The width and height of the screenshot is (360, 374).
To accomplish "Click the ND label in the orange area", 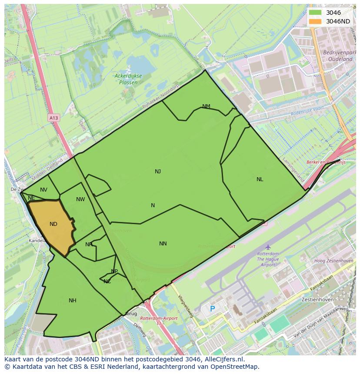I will coord(53,224).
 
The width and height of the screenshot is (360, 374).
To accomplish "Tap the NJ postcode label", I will coord(158,172).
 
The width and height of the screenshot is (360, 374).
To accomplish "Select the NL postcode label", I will coord(260,179).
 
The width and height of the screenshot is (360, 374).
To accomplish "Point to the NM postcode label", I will coord(206,106).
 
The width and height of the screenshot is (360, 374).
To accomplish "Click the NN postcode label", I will coord(163,244).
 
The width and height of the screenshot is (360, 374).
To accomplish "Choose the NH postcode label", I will coord(73,301).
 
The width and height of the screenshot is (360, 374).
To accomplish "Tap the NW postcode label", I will coord(80,199).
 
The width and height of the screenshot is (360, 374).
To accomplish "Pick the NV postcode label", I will coord(43,190).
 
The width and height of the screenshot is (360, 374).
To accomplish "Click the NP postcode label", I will coord(114,271).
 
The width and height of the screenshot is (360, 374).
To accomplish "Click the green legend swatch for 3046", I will coord(315,13).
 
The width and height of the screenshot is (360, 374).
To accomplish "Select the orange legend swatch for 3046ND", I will coord(315,21).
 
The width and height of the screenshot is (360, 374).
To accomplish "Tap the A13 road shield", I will coord(53,118).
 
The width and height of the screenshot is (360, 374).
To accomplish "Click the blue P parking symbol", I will coord(213,309).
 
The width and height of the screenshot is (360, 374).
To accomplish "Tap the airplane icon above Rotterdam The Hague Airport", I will coord(268,247).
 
